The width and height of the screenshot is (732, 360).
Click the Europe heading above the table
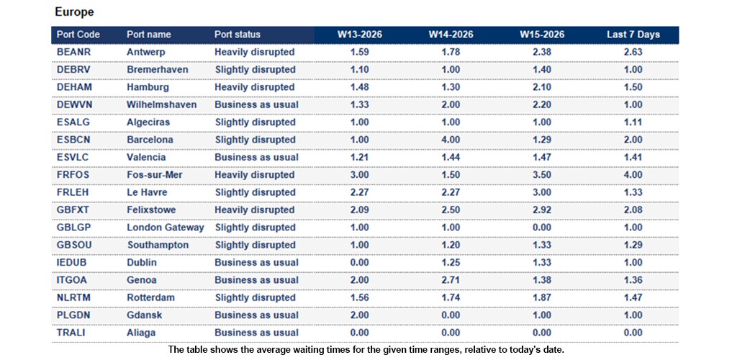[74, 12]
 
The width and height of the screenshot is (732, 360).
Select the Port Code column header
[78, 35]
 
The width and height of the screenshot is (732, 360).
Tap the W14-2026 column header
[451, 35]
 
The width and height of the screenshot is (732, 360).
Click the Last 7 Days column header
[633, 35]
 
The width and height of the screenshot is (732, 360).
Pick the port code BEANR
[73, 52]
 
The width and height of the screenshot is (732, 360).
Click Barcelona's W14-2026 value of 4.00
[451, 140]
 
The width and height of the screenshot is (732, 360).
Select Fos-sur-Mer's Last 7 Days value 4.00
[633, 175]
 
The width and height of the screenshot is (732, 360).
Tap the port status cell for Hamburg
[255, 87]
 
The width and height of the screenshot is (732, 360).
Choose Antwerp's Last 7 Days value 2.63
[633, 52]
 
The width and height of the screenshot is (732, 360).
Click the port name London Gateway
[165, 228]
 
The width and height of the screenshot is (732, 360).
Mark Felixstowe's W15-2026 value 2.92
[542, 210]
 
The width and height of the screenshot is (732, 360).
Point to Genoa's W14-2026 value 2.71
[451, 280]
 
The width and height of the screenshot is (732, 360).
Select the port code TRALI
[71, 333]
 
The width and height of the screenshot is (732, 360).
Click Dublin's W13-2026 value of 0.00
[360, 263]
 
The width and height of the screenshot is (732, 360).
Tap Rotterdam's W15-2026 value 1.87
[542, 297]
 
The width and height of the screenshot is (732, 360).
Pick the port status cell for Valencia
[256, 157]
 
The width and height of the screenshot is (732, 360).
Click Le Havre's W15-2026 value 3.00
[542, 192]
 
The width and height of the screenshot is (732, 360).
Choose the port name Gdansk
[145, 315]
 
